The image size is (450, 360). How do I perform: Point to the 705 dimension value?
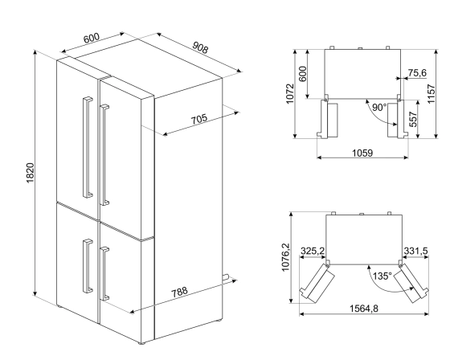coord(198,119)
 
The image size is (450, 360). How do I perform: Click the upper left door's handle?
coord(84,145)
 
